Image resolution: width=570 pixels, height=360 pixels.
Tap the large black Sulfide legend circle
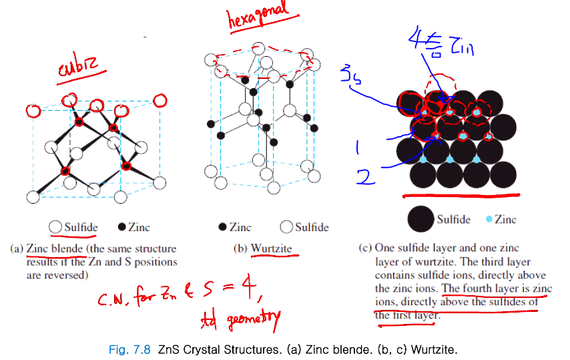tap(420, 220)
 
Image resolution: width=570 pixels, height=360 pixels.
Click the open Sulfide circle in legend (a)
tap(56, 228)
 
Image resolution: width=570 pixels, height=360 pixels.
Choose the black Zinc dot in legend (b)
tap(222, 228)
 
